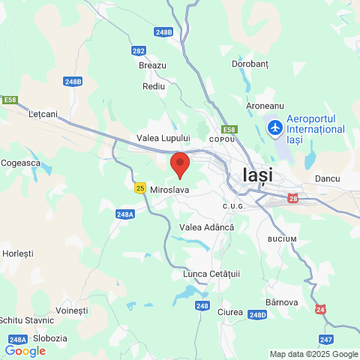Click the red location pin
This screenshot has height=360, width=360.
179,163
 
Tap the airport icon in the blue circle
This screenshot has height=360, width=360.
275,127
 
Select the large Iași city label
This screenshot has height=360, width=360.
258,175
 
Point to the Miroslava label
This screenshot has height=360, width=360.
169,190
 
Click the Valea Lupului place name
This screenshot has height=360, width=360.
163,139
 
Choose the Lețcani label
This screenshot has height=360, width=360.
43,114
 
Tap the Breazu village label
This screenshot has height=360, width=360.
152,66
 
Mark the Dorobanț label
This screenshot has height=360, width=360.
249,64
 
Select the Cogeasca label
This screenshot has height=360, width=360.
20,162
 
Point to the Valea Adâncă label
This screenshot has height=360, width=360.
207,226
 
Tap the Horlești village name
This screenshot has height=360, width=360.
18,253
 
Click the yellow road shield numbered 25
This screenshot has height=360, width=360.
140,188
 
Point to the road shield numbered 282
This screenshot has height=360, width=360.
138,51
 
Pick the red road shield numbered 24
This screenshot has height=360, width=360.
321,309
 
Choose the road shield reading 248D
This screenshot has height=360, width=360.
257,315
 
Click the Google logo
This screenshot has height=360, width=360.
25,350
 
